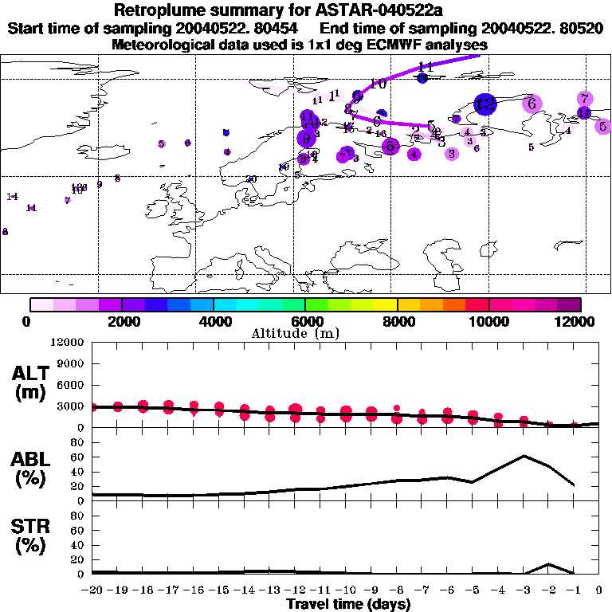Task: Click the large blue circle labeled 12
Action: pos(484,104)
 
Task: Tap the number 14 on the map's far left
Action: pos(12,196)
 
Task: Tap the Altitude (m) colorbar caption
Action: pos(305,332)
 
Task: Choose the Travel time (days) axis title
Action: pos(348,605)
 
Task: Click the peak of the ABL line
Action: pos(524,456)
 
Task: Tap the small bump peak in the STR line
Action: pos(548,564)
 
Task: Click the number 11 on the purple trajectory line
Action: pos(426,67)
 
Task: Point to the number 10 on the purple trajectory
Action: pos(379,84)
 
